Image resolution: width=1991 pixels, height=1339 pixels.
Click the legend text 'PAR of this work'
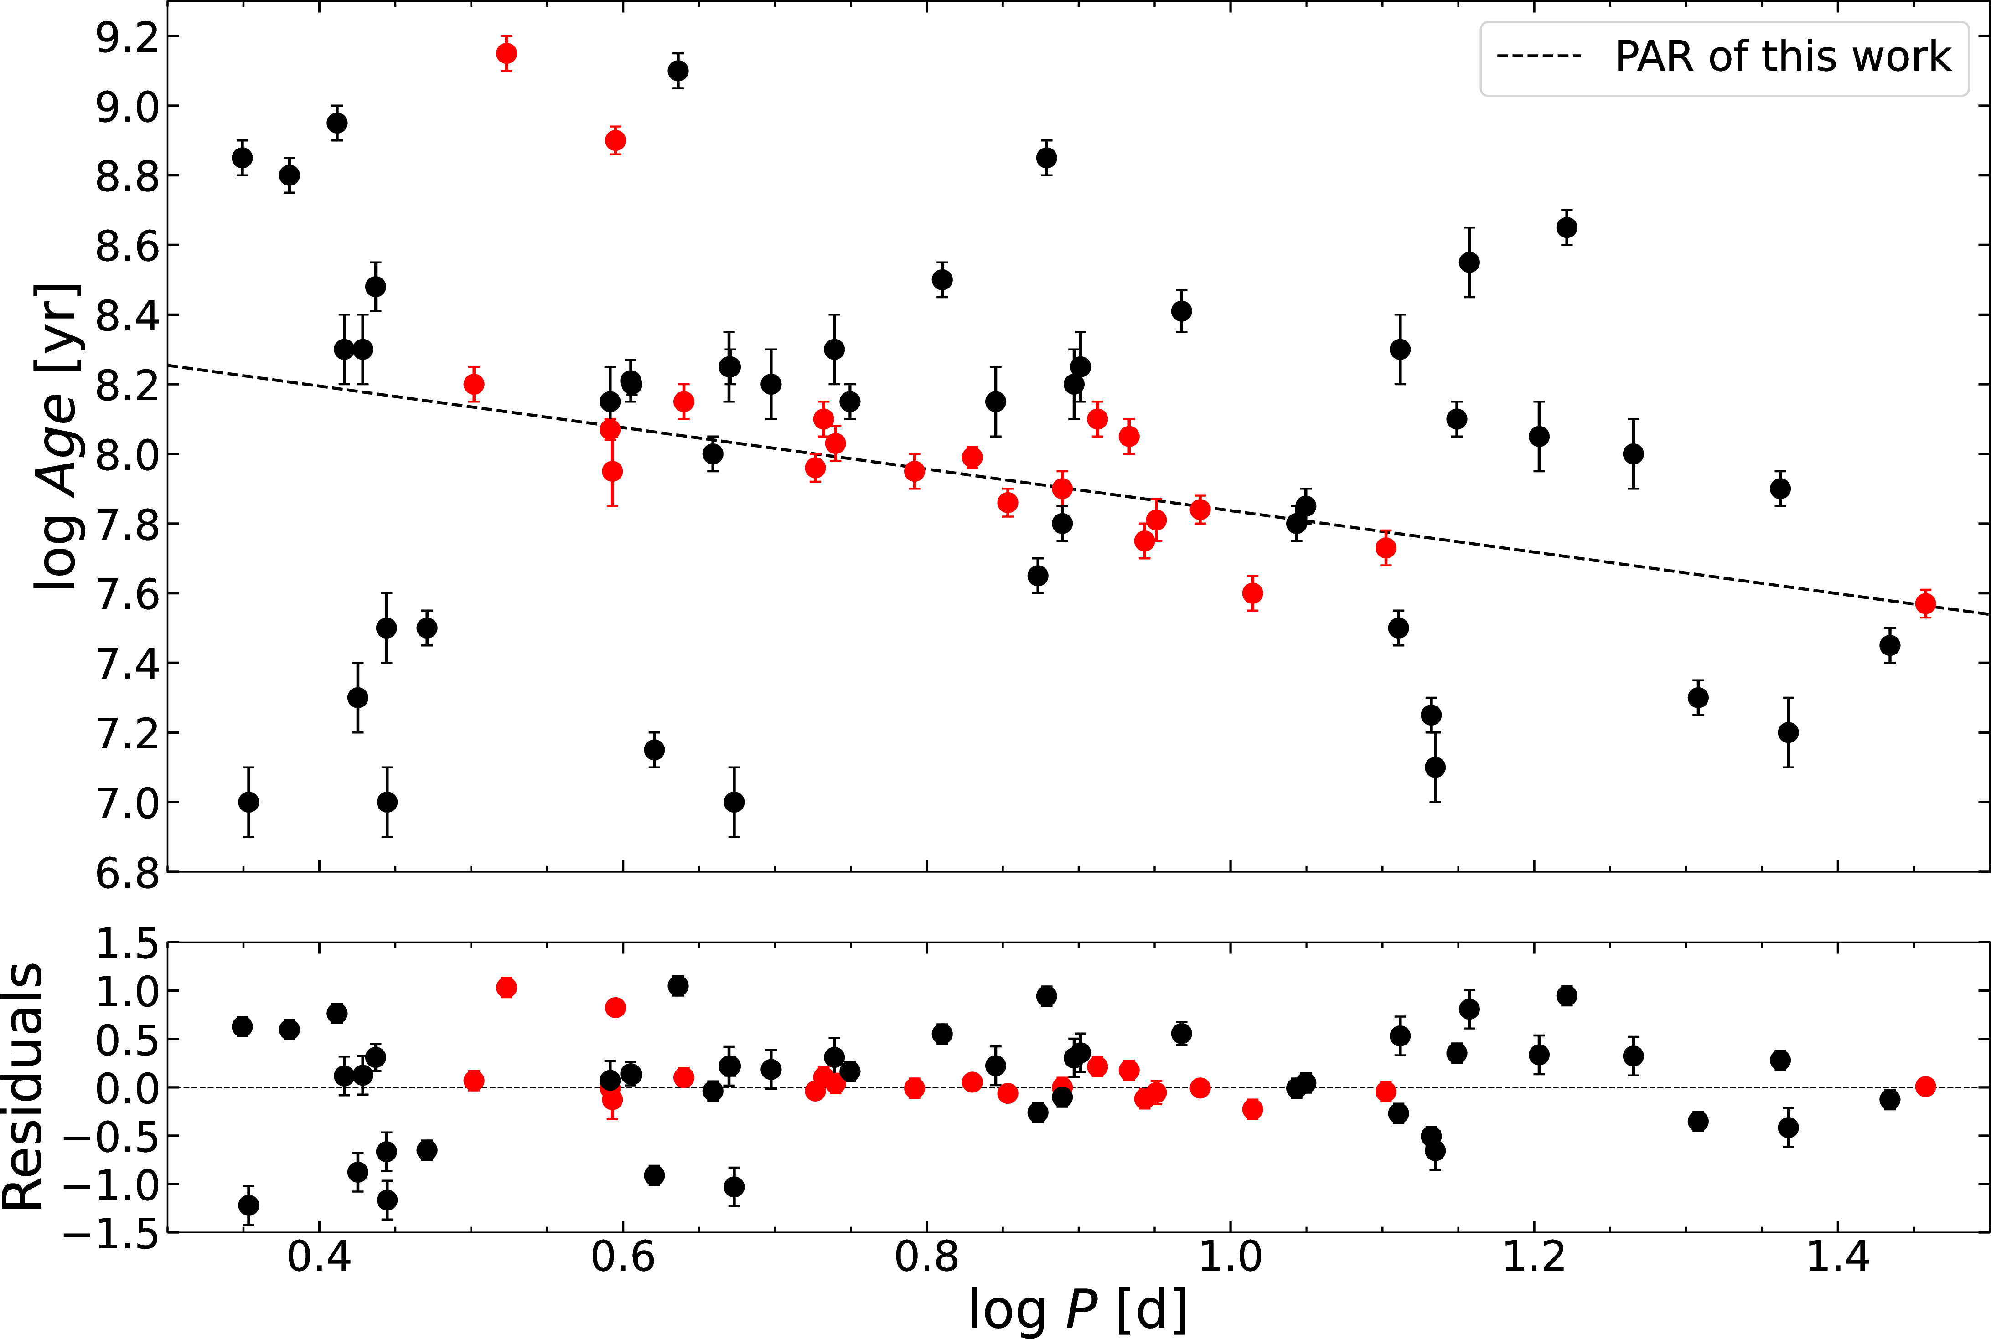(1783, 57)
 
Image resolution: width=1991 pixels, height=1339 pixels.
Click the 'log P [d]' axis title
(1078, 1308)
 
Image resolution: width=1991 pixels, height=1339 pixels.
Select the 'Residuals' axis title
(23, 1086)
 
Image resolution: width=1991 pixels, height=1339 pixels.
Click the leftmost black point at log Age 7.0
(248, 802)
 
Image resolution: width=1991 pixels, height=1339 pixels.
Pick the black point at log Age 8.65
(1567, 227)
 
